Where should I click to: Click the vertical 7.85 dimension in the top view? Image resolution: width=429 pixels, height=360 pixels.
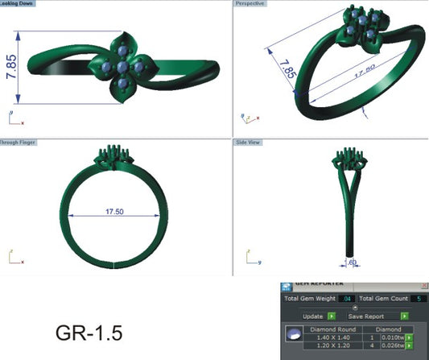11,68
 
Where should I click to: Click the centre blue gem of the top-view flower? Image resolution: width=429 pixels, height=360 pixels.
122,68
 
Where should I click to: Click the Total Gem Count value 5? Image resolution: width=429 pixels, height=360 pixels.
419,299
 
